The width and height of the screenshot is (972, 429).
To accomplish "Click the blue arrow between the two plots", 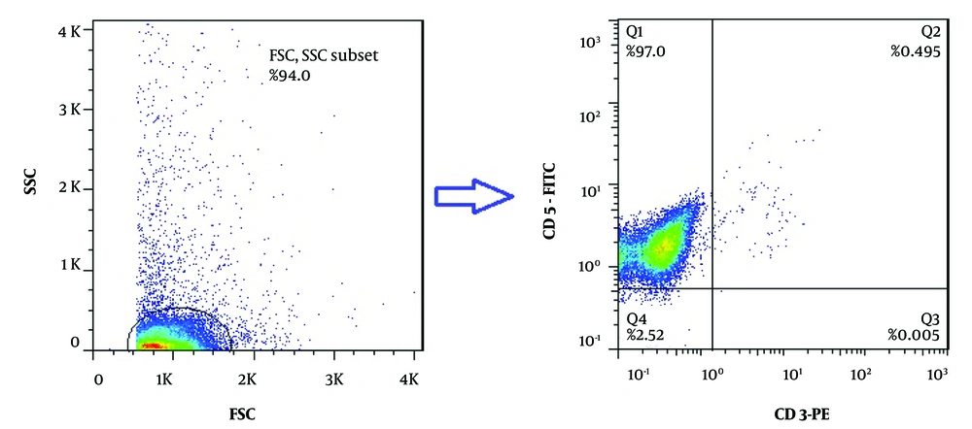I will tap(472, 197).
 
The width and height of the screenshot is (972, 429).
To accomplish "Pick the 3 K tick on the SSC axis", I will tap(68, 110).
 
